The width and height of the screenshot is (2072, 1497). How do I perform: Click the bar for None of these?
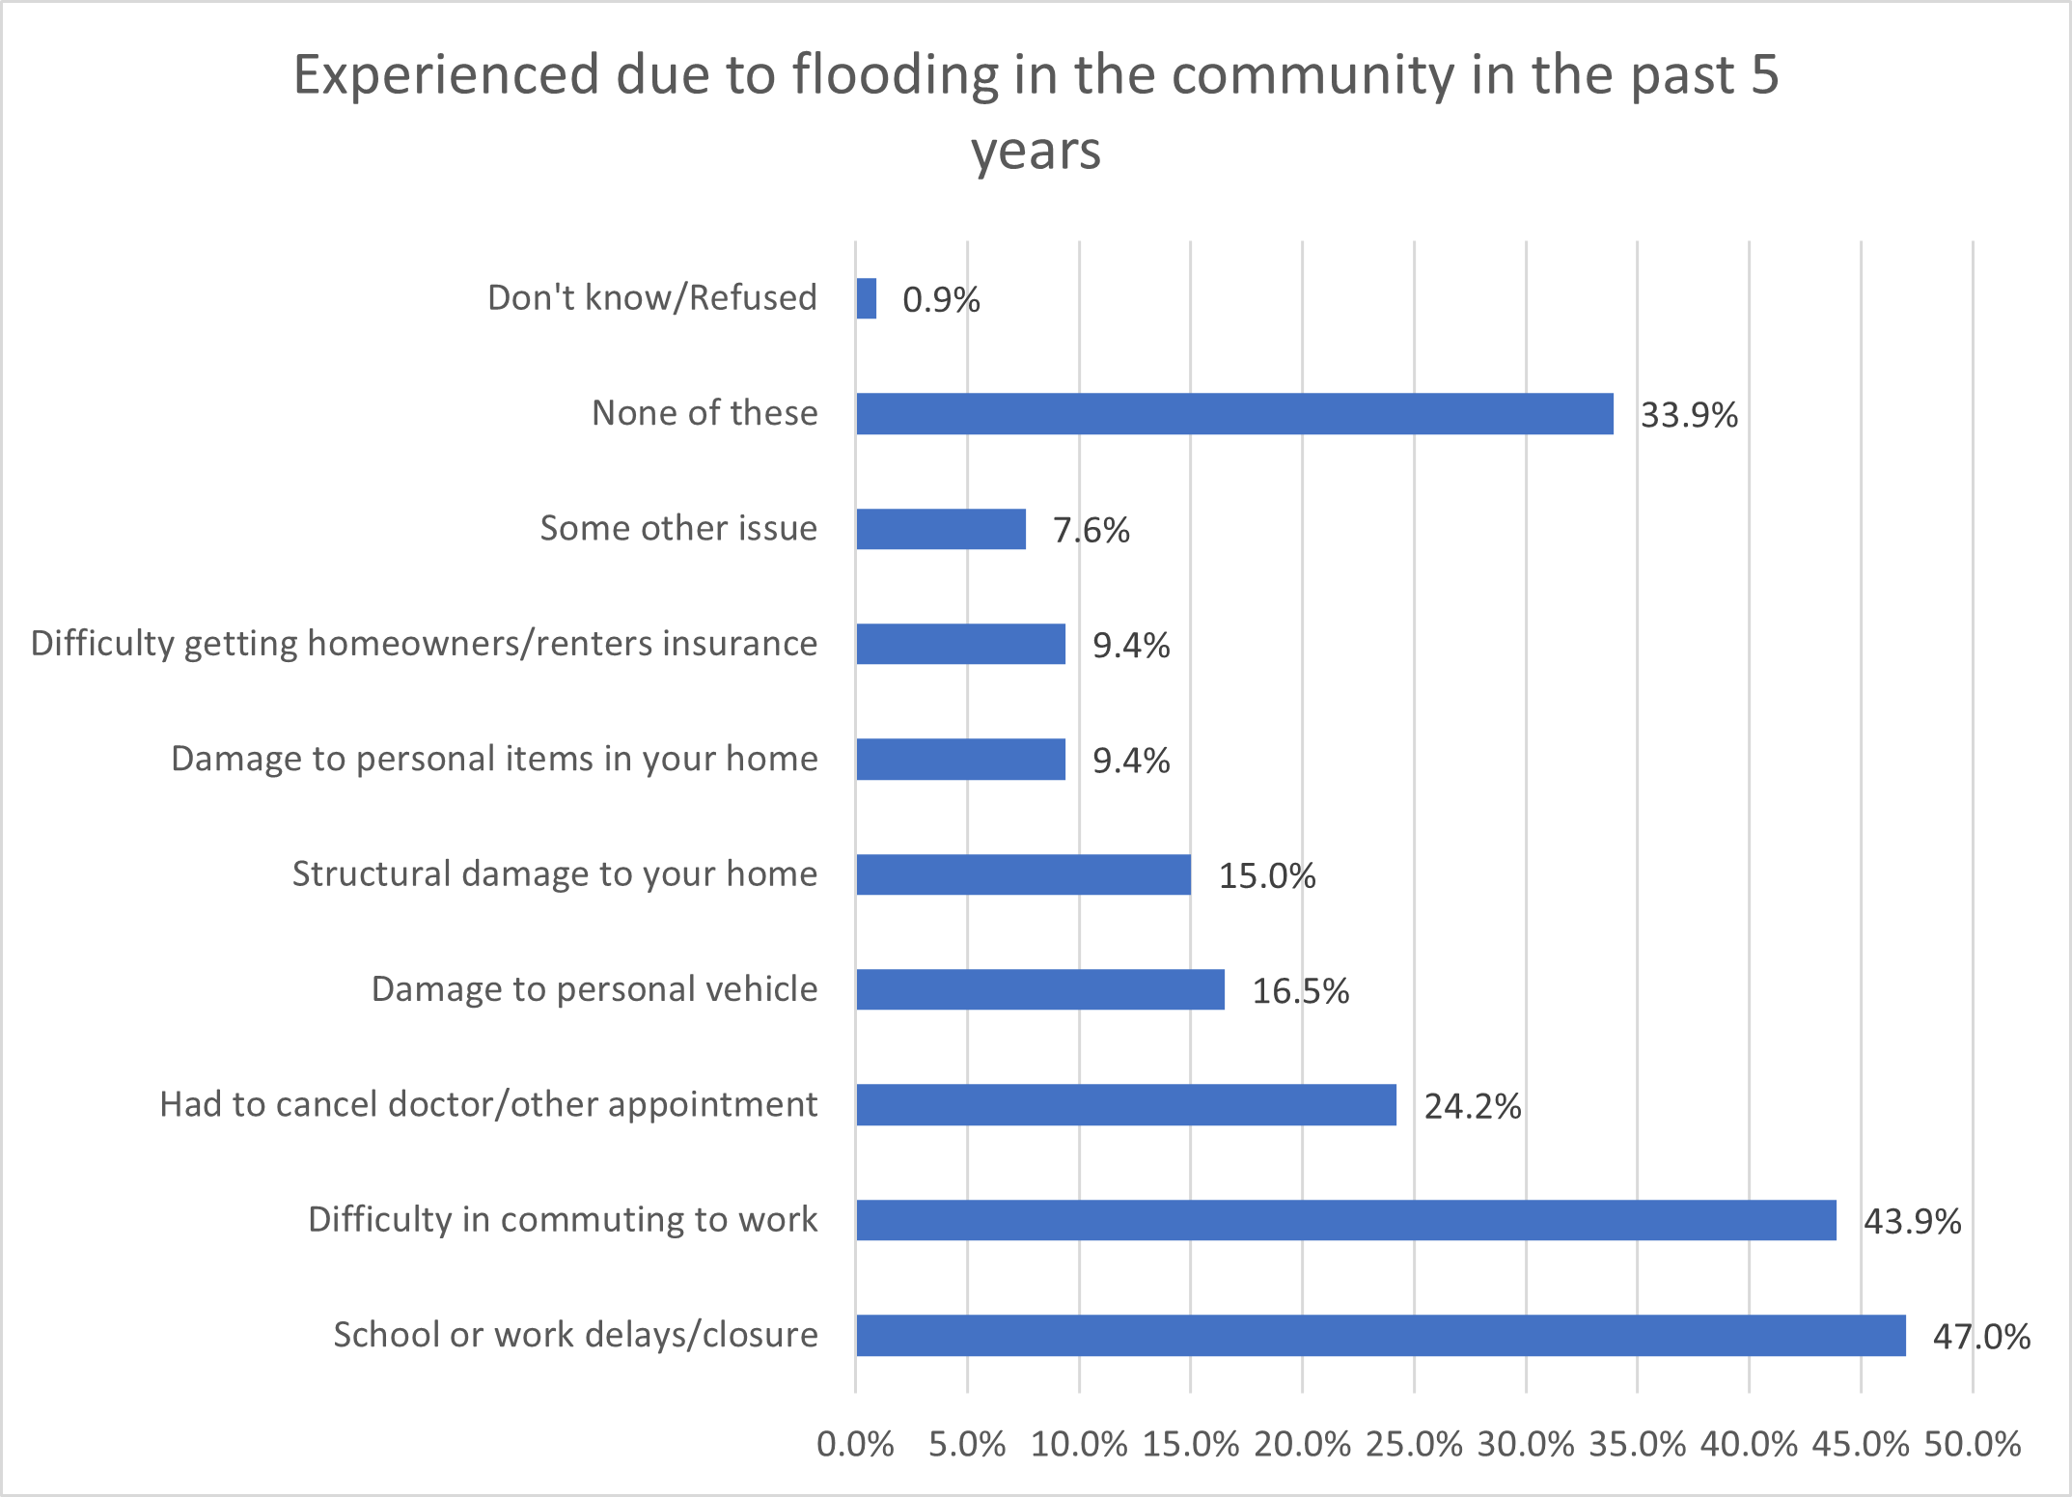pos(1234,414)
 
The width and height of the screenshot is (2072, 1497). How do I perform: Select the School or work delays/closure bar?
pos(1380,1336)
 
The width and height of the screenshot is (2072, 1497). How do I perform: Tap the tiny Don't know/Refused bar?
pos(867,299)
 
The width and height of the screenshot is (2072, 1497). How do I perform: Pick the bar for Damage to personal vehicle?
pos(1040,990)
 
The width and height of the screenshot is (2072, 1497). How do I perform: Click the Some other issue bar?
pos(941,529)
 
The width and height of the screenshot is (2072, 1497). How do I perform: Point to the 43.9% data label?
pos(1912,1222)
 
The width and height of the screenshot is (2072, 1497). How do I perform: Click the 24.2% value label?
pos(1473,1106)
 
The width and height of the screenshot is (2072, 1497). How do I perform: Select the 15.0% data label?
pos(1267,876)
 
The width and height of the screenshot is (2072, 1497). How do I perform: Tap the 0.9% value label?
pos(941,300)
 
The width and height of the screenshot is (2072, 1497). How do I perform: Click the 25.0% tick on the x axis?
pos(1414,1445)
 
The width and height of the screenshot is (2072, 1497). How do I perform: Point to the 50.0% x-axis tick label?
pos(1973,1445)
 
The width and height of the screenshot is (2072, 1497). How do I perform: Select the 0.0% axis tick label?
pos(855,1445)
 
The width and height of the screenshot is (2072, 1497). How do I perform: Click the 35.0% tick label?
pos(1638,1445)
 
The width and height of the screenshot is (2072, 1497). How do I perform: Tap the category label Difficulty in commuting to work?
pos(563,1220)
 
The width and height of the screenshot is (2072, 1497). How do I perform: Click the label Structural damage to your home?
pos(555,874)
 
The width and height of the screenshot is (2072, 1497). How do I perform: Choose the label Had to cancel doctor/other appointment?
pos(488,1105)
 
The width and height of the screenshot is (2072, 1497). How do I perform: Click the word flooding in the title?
pos(895,75)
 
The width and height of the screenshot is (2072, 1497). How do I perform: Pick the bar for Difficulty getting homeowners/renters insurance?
pos(960,644)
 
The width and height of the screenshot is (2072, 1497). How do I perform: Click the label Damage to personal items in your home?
pos(494,760)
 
